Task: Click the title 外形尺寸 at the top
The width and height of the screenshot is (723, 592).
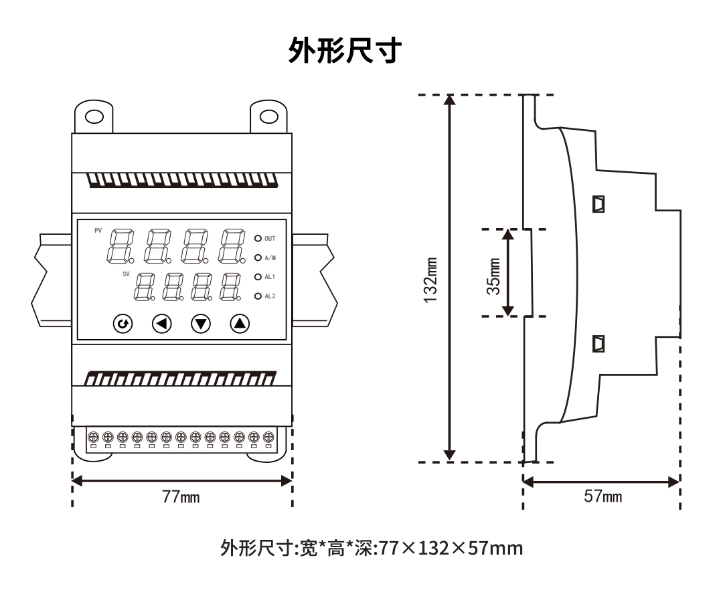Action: [345, 50]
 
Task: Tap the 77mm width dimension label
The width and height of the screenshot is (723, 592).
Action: [181, 497]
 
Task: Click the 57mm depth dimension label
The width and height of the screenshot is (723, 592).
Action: [602, 496]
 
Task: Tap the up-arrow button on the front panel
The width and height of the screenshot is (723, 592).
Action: [239, 324]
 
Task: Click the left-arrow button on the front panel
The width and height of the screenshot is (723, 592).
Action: [161, 324]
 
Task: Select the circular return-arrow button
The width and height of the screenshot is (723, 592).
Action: [123, 324]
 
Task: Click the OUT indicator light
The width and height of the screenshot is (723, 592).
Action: [258, 238]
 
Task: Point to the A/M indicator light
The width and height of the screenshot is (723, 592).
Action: [258, 257]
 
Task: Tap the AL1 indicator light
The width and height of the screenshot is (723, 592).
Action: [258, 276]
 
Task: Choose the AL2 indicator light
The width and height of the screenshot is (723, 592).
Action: [258, 296]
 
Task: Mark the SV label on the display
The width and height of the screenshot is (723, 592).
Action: [127, 274]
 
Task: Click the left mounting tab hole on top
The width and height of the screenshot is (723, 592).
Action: [94, 117]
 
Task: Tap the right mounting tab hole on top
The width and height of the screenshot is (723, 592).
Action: [268, 117]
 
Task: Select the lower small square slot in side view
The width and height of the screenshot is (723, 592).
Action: [599, 344]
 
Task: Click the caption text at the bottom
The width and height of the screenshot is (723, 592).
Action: [372, 549]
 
